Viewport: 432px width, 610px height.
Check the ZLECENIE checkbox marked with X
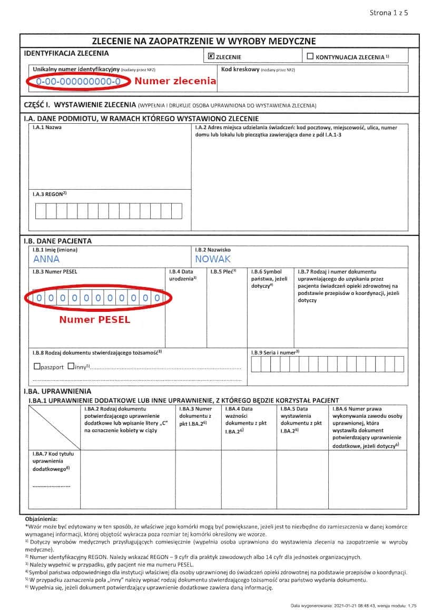coord(211,56)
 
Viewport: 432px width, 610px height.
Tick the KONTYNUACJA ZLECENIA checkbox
coord(310,56)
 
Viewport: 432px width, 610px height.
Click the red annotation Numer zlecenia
coord(175,81)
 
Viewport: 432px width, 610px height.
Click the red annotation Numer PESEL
coord(94,319)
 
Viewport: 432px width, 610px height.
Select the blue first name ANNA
coord(46,259)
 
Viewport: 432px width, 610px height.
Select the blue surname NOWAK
coord(213,259)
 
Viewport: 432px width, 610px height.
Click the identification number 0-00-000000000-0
coord(78,82)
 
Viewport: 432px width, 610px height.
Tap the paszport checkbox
coord(36,367)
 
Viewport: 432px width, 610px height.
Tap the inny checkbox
coord(71,367)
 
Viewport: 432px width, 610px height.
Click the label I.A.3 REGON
coord(49,194)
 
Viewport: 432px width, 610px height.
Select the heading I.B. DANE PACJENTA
coord(58,241)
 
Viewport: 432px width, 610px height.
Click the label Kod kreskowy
coord(240,69)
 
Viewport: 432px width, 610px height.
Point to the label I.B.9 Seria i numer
coord(275,351)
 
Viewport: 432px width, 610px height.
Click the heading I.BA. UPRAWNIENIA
coord(57,391)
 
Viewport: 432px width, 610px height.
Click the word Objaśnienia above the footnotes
coord(41,519)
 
